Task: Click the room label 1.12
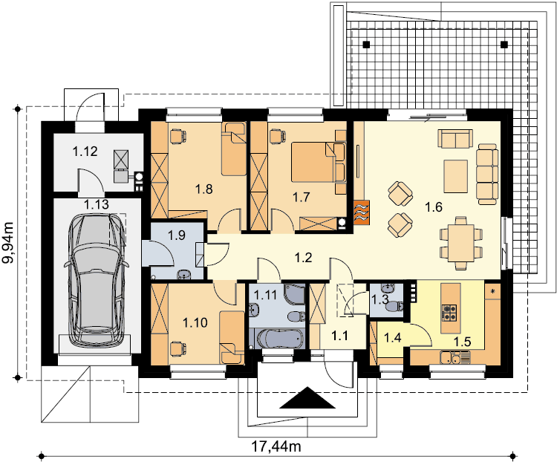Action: [85, 152]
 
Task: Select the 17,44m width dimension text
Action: [276, 446]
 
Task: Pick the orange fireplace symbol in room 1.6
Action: [362, 212]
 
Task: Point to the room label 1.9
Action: [177, 235]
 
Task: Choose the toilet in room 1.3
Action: [395, 306]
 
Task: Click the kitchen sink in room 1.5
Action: [455, 357]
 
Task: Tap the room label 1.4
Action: [392, 338]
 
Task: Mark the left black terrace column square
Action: [366, 45]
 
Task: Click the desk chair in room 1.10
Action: [177, 348]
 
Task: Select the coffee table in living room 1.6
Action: [455, 176]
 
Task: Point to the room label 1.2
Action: [303, 257]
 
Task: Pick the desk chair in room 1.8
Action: [178, 136]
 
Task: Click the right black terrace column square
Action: [504, 45]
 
